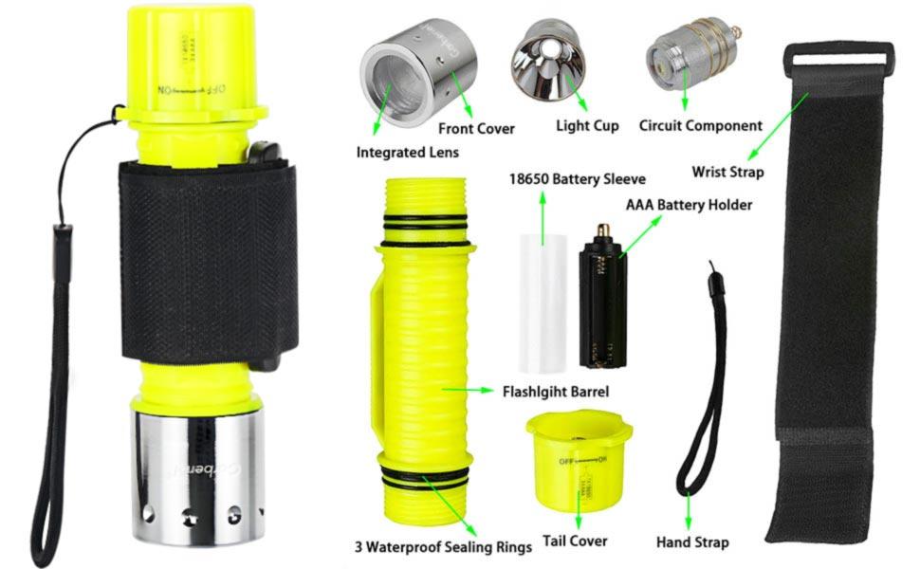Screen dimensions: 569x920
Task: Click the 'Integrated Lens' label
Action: pos(406,151)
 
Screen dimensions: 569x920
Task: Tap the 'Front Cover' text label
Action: pos(476,128)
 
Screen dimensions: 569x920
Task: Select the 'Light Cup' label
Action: pos(587,125)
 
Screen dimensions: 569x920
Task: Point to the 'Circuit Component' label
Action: pos(700,125)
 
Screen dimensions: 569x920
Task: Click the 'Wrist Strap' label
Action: pos(727,172)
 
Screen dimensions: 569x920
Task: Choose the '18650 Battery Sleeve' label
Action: pos(577,178)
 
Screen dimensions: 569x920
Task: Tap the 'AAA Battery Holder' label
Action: pos(689,205)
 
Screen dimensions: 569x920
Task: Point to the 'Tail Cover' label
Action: pos(575,541)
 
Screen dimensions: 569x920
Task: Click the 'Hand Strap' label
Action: pos(692,542)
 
